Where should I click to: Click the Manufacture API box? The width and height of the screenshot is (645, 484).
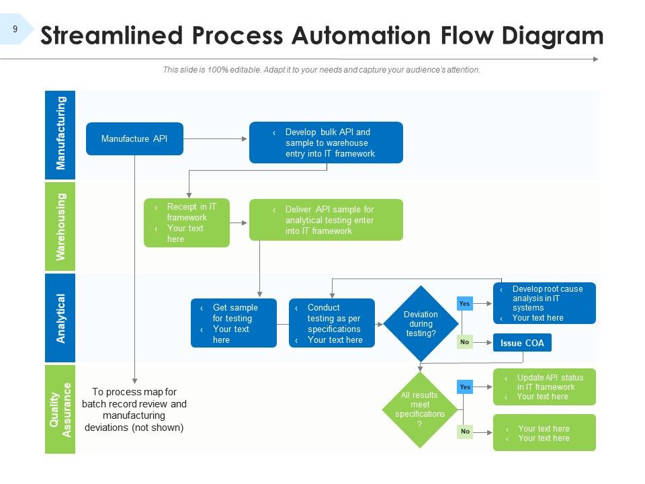click(x=134, y=138)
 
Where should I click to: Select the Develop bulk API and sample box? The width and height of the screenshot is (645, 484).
click(x=326, y=143)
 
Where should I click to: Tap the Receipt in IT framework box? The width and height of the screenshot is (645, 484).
click(x=187, y=223)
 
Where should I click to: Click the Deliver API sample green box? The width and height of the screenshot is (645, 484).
click(x=326, y=220)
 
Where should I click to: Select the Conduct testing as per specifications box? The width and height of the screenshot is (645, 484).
click(x=332, y=323)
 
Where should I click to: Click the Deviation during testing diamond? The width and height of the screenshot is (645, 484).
click(x=421, y=323)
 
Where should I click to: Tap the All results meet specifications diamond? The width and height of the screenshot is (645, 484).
click(x=419, y=409)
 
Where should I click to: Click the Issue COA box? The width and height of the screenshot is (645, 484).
click(x=522, y=343)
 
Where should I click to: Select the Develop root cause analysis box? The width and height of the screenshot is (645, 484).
click(x=544, y=303)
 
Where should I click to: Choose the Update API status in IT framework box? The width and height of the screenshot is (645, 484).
click(x=544, y=387)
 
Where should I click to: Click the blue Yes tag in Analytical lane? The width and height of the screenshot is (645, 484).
click(x=464, y=304)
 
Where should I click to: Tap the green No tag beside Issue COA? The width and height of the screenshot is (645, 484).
click(x=464, y=342)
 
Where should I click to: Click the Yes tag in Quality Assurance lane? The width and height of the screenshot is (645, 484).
click(x=465, y=387)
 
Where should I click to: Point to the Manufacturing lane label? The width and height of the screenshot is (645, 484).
click(x=60, y=133)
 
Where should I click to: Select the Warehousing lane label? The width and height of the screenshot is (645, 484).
click(x=60, y=227)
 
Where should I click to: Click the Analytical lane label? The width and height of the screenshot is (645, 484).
click(x=60, y=318)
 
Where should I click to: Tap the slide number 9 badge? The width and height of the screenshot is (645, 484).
click(x=15, y=29)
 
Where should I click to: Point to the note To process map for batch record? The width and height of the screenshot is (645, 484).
click(x=134, y=409)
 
